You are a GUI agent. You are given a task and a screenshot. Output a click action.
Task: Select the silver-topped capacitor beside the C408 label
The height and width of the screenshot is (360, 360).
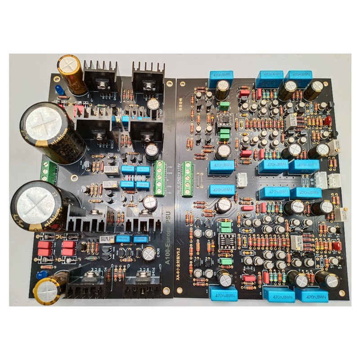[x=149, y=254]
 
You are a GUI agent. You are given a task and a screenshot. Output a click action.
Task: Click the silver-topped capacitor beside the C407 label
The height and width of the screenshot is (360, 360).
[x=153, y=103]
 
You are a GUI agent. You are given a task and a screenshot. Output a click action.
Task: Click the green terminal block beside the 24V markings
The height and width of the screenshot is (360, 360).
[x=159, y=178]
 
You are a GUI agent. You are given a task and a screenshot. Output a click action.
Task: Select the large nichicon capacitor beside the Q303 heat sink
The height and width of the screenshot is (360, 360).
[x=52, y=131]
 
